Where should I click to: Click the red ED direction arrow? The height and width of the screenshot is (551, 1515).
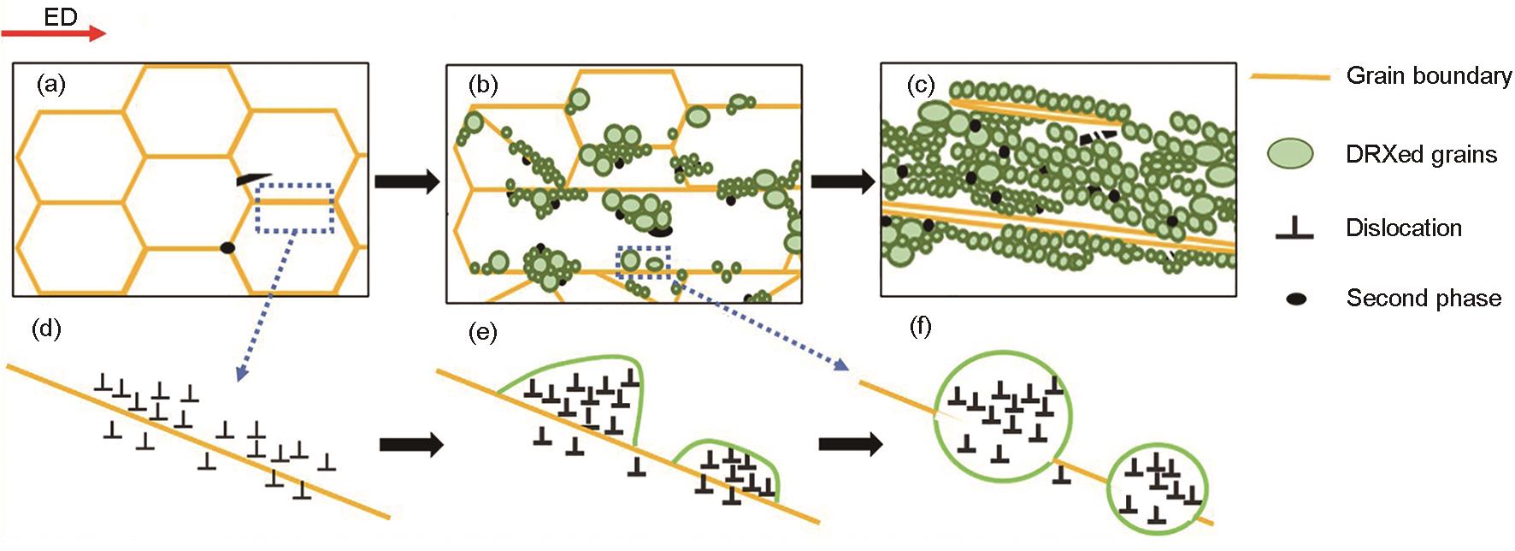(x=53, y=33)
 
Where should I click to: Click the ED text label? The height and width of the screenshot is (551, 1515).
(x=61, y=16)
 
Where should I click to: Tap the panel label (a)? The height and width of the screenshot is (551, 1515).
(x=50, y=84)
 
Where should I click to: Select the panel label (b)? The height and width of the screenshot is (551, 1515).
(x=483, y=85)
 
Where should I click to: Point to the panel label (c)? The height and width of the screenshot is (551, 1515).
(x=920, y=86)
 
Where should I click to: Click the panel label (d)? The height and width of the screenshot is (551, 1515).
(x=46, y=329)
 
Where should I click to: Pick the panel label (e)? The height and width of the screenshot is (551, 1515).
(x=483, y=332)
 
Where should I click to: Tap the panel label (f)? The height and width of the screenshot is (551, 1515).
(x=920, y=327)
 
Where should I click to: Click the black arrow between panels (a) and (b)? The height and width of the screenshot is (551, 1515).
(x=407, y=182)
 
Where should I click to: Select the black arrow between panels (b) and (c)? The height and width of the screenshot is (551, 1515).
(x=842, y=181)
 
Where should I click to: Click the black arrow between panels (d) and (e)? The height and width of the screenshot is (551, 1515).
(x=411, y=444)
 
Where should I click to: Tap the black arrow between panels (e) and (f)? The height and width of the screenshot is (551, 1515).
(x=851, y=444)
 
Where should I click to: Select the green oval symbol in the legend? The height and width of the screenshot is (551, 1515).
(x=1290, y=153)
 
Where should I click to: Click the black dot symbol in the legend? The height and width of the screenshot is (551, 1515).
(x=1296, y=299)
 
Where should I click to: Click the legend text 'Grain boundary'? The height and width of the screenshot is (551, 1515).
(x=1429, y=76)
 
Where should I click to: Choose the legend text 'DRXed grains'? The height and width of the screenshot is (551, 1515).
(x=1421, y=154)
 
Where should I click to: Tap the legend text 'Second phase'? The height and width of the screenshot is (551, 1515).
(x=1424, y=298)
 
